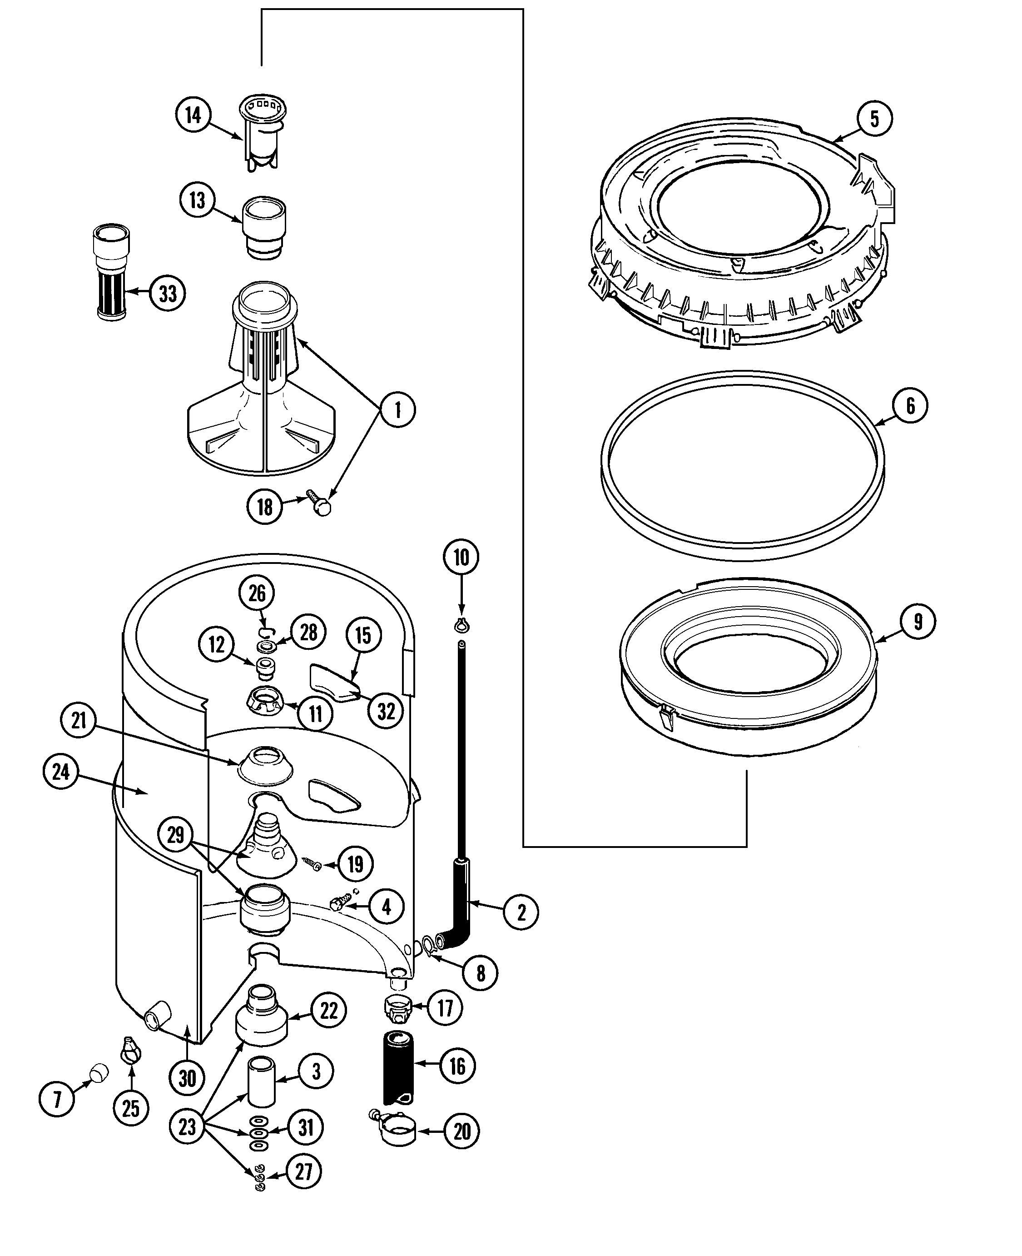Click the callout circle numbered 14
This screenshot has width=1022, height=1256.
click(x=193, y=115)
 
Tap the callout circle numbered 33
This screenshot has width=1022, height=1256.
click(x=168, y=293)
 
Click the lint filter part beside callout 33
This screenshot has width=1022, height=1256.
click(x=111, y=273)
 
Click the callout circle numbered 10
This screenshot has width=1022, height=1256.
click(x=461, y=557)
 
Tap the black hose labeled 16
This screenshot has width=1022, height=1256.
click(x=398, y=1067)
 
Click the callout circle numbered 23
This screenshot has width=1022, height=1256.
click(x=187, y=1126)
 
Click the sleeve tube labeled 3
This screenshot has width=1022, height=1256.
click(x=261, y=1082)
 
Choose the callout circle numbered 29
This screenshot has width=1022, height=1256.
click(x=175, y=834)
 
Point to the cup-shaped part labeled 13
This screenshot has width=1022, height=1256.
click(x=264, y=227)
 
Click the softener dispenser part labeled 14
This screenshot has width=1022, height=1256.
click(x=263, y=133)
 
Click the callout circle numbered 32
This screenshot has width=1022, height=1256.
click(x=386, y=711)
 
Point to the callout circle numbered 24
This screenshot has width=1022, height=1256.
click(x=60, y=772)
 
